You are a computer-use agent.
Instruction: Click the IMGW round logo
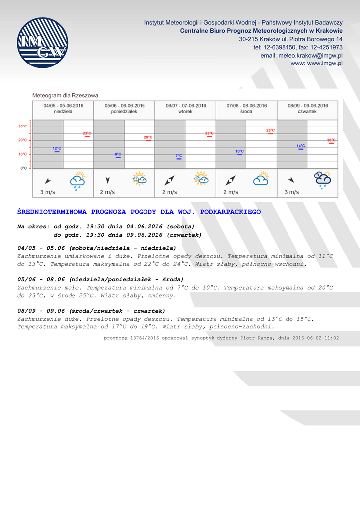coord(42,43)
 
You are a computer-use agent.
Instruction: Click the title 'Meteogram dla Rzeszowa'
coord(65,95)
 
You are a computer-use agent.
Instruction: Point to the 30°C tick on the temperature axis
coord(23,126)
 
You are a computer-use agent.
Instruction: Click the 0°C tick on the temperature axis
coord(24,168)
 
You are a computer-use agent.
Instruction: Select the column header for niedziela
coord(63,109)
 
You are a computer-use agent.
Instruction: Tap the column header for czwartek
coord(308,109)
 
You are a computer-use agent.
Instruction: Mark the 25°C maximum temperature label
coord(271,131)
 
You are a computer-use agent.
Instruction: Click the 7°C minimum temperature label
coord(179,156)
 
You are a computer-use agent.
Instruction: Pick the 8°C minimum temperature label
coord(118,155)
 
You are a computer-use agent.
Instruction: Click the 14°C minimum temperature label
coord(301,146)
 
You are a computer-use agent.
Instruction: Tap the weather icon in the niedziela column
coord(78,181)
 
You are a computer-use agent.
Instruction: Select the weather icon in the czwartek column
coord(323,180)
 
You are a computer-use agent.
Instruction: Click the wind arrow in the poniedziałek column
coord(108,180)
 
